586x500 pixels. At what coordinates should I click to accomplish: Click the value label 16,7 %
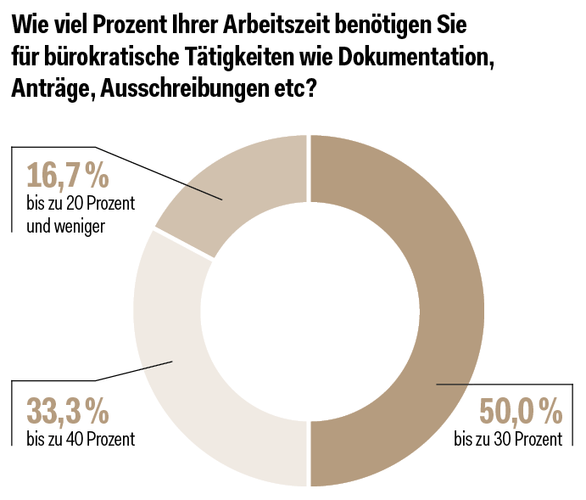point(68,176)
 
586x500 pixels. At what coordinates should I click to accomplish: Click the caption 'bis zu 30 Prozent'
point(507,439)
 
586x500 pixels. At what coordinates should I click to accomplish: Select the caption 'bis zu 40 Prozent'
point(81,439)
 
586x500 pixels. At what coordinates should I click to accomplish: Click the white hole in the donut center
point(309,310)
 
